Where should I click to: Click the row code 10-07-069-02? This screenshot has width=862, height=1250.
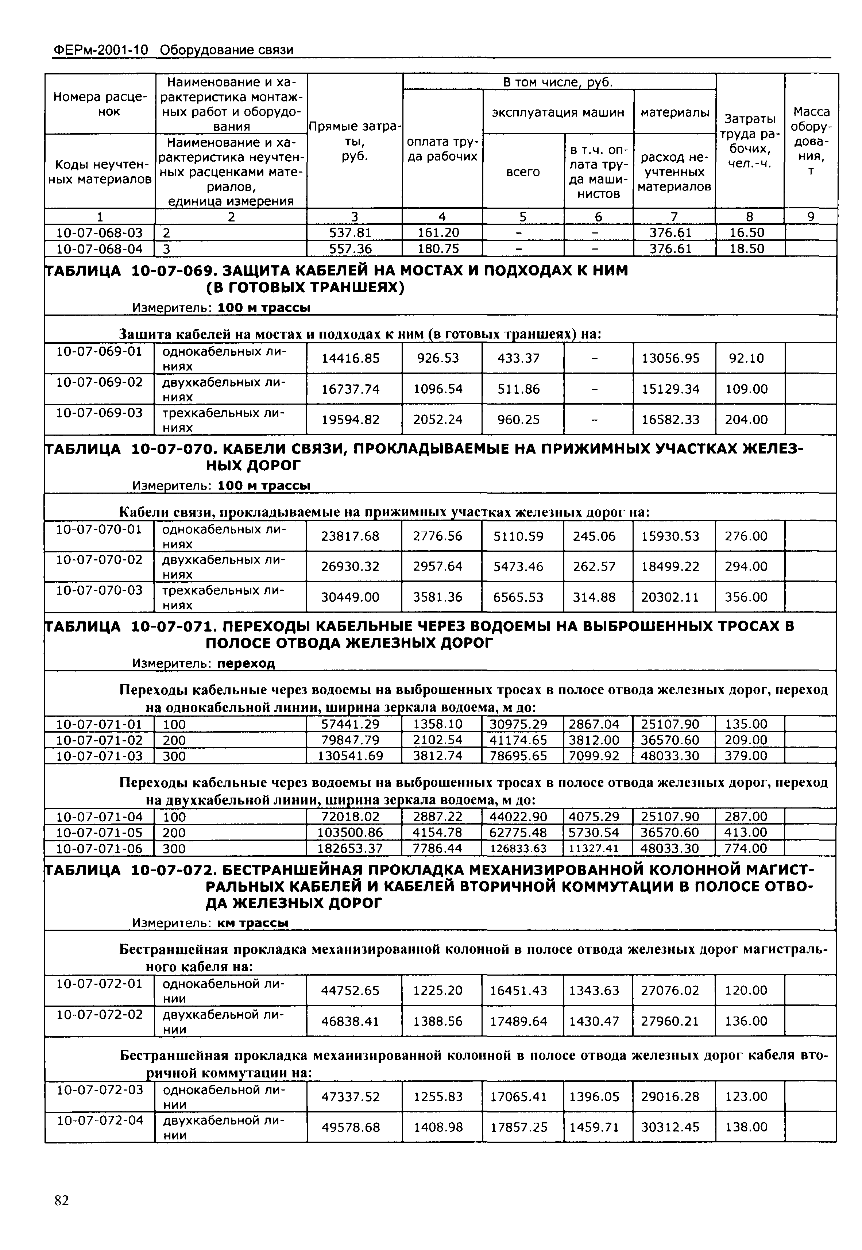(99, 382)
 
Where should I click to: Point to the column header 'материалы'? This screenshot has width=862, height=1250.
(674, 112)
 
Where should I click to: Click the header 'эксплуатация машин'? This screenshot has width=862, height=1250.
(557, 112)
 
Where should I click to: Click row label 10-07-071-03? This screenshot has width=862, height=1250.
(99, 756)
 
